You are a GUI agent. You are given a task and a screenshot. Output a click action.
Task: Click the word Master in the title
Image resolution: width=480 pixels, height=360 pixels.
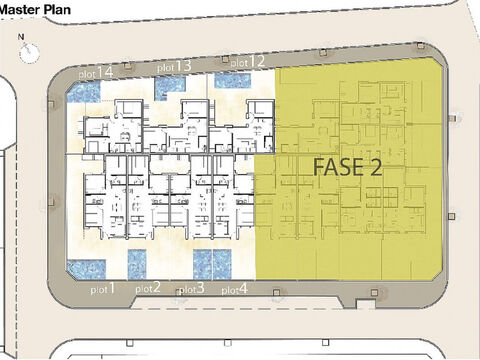(x=19, y=9)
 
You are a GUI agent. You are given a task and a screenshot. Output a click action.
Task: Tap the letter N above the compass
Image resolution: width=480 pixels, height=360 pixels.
(x=21, y=37)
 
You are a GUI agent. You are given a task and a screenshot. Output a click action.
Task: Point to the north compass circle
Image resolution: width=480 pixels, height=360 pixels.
(x=29, y=52)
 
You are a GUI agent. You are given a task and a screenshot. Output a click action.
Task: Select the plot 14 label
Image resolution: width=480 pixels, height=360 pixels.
(x=96, y=73)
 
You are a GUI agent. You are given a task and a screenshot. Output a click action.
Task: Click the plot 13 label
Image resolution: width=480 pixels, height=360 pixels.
(x=174, y=66)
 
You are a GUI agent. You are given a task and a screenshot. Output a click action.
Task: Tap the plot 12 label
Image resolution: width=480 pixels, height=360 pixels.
(x=248, y=62)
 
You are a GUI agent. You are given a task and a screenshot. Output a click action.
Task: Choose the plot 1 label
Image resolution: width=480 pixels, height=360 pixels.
(x=103, y=289)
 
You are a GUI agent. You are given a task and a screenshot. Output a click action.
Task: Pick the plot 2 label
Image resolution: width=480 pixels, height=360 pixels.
(x=148, y=288)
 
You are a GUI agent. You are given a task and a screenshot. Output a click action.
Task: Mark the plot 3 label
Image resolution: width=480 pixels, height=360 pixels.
(x=192, y=289)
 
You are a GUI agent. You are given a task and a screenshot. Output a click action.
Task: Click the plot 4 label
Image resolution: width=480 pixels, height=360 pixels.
(x=235, y=289)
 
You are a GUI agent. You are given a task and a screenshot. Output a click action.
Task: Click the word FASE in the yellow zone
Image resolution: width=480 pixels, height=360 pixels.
(x=338, y=167)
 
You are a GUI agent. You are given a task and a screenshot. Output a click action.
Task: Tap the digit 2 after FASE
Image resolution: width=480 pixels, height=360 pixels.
(x=375, y=167)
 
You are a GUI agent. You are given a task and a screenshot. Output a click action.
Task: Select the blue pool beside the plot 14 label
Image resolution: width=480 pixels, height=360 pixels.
(x=84, y=92)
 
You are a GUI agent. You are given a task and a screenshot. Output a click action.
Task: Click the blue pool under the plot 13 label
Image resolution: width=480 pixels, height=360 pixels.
(x=170, y=88)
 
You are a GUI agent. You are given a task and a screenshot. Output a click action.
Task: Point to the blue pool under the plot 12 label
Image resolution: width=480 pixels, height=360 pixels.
(x=232, y=81)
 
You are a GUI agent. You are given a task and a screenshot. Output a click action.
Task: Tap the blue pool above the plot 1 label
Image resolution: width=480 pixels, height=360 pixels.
(x=86, y=270)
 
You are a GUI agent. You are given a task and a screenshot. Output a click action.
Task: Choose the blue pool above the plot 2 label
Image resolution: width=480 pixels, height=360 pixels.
(x=137, y=265)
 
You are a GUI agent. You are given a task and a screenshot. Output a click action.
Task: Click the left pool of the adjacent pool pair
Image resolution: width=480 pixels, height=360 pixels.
(x=202, y=265)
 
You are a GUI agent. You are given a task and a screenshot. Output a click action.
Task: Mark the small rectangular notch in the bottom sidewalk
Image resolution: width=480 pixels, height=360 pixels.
(x=361, y=304)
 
